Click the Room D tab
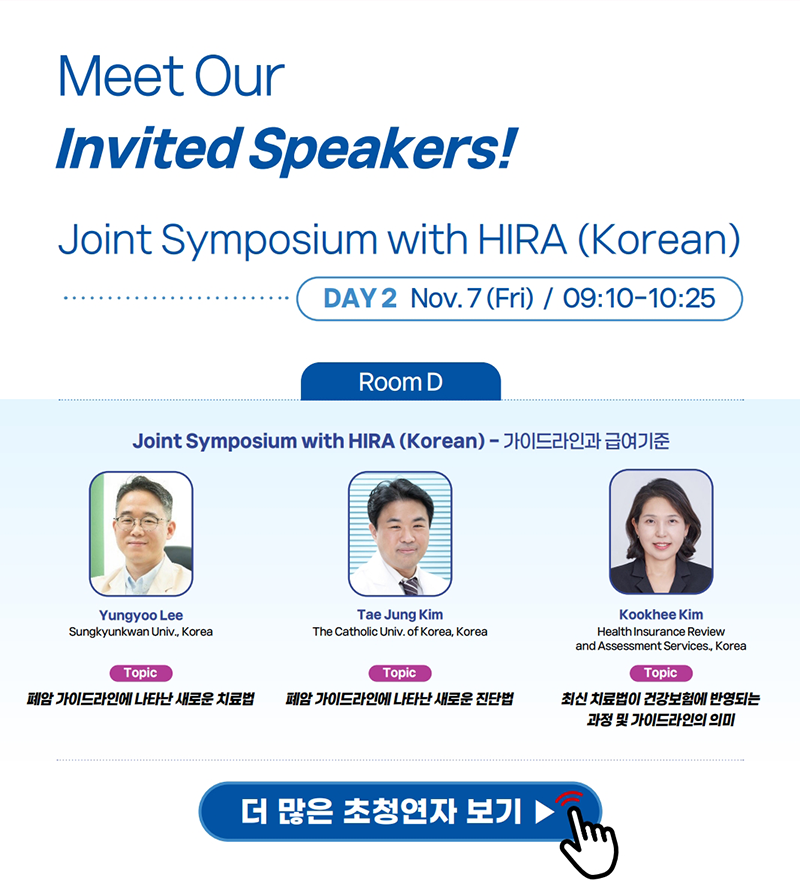[x=401, y=382]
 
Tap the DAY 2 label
[x=360, y=298]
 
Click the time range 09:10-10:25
[x=639, y=298]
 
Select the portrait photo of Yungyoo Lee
[x=141, y=533]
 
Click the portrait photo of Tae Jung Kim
[x=400, y=533]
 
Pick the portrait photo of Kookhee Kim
[x=661, y=532]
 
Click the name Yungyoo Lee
[x=141, y=615]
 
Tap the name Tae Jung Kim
[x=400, y=614]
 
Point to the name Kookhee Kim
[x=661, y=614]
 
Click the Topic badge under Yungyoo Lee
[x=141, y=673]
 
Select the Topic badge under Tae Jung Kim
[x=400, y=673]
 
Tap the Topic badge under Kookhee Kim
[x=661, y=673]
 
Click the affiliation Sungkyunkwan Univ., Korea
[x=141, y=631]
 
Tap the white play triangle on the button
[x=544, y=812]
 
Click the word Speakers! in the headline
[x=383, y=149]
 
